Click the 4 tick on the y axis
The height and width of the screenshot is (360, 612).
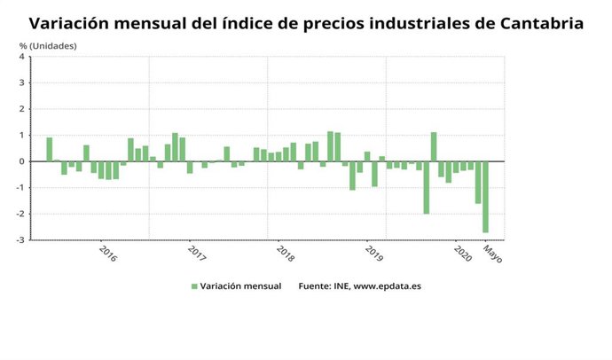[22, 58]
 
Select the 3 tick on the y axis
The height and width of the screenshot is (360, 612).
[22, 83]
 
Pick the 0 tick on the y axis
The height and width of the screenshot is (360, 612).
[22, 161]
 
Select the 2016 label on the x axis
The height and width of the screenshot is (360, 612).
[106, 254]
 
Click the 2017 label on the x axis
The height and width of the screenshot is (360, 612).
[196, 254]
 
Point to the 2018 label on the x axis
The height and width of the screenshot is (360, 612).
[285, 254]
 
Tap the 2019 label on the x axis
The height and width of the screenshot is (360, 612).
[373, 254]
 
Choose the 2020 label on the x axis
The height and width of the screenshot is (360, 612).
[462, 254]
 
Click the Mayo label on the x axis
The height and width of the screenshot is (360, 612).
[492, 254]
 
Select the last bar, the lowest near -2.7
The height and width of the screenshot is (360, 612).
[485, 197]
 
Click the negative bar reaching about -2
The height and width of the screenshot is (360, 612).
[426, 187]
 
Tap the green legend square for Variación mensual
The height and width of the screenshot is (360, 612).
[194, 286]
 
